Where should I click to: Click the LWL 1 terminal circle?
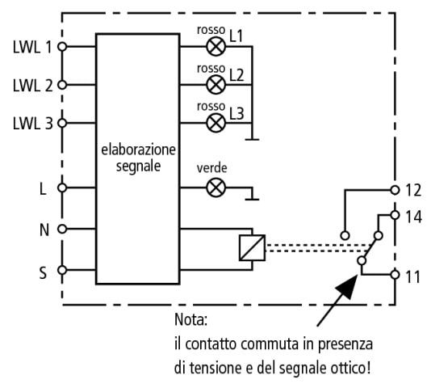click(x=62, y=47)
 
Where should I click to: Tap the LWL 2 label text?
click(x=33, y=86)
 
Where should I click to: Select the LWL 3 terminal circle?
click(x=62, y=123)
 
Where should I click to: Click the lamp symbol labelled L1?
click(x=215, y=47)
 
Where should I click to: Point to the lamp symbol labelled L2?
click(x=215, y=85)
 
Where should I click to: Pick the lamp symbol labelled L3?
click(x=215, y=123)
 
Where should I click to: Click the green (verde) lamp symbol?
click(x=215, y=188)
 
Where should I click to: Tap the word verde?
click(x=212, y=168)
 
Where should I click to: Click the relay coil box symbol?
click(x=252, y=247)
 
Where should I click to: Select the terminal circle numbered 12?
click(x=395, y=190)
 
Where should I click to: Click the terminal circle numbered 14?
click(x=395, y=215)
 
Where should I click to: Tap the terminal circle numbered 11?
click(x=395, y=275)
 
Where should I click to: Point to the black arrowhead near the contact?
click(x=347, y=287)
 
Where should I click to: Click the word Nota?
click(x=190, y=320)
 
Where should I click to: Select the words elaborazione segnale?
click(x=138, y=158)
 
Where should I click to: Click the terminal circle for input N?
click(x=62, y=229)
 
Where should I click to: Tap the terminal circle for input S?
click(x=62, y=270)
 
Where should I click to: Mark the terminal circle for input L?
click(x=62, y=188)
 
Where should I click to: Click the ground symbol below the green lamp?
click(x=252, y=199)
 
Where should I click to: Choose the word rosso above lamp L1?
click(x=211, y=30)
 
